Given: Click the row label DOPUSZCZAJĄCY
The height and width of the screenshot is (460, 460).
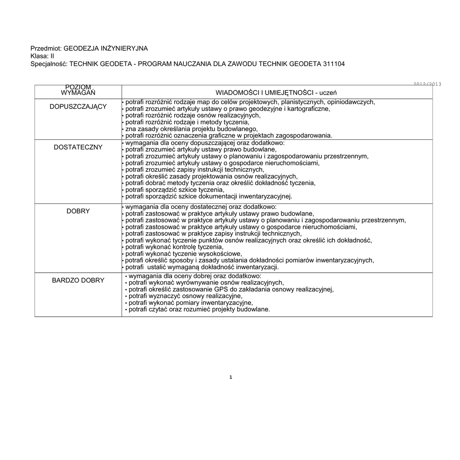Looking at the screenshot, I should pyautogui.click(x=78, y=106).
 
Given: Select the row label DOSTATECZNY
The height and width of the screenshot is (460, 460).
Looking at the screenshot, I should pyautogui.click(x=78, y=147).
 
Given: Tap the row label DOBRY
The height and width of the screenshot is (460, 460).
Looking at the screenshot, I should pyautogui.click(x=78, y=211).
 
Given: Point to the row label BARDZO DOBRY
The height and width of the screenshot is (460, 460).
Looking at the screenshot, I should pyautogui.click(x=78, y=280).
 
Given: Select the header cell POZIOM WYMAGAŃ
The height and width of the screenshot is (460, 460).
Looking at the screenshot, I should pyautogui.click(x=78, y=89).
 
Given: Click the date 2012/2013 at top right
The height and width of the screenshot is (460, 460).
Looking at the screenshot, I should pyautogui.click(x=427, y=84).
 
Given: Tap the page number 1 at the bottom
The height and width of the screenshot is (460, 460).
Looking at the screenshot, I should pyautogui.click(x=230, y=377).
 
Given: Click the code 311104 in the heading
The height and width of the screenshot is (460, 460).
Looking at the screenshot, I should pyautogui.click(x=334, y=64).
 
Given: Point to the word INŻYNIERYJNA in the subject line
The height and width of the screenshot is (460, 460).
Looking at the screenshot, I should pyautogui.click(x=125, y=48).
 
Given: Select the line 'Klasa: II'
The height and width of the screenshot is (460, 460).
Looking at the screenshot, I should pyautogui.click(x=42, y=56).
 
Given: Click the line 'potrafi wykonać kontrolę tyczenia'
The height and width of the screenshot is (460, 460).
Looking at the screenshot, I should pyautogui.click(x=174, y=247).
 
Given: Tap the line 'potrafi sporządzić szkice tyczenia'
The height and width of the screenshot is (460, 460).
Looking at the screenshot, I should pyautogui.click(x=174, y=190).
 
